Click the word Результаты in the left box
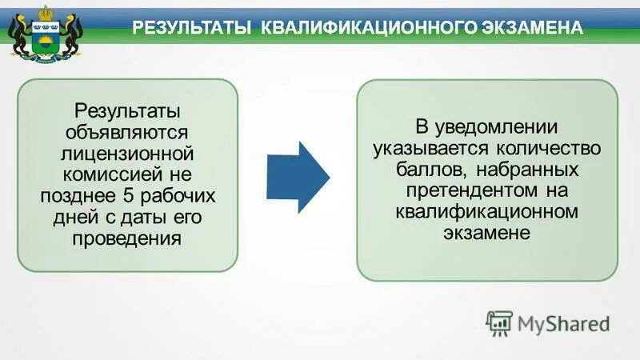click(x=127, y=110)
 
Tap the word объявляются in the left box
click(x=128, y=130)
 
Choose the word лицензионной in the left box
click(x=128, y=152)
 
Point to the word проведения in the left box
click(x=128, y=238)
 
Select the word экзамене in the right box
click(x=486, y=233)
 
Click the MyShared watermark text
click(x=563, y=323)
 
